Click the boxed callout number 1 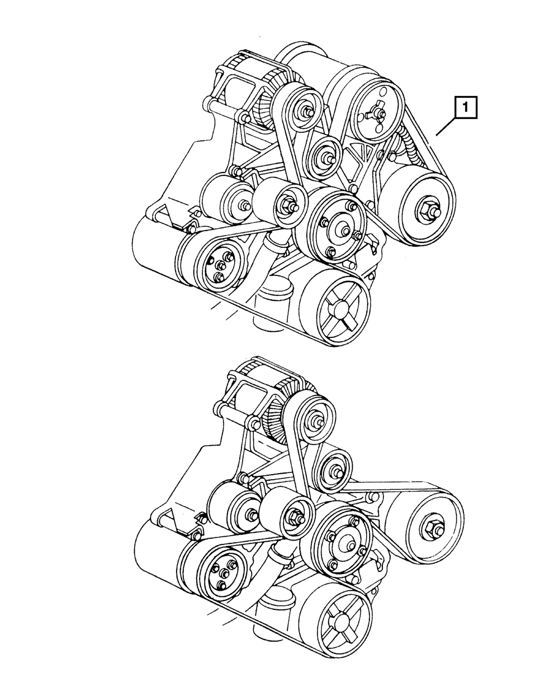coord(466,107)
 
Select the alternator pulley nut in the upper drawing coord(306,111)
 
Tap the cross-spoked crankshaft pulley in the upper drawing coord(337,305)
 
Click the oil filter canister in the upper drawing coord(272,302)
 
